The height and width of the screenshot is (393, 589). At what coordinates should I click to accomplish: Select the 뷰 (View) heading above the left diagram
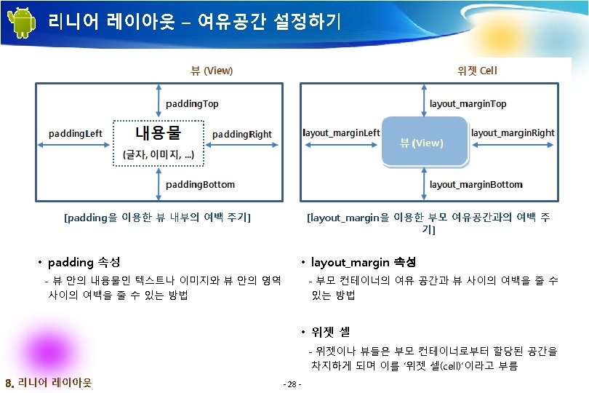pos(212,71)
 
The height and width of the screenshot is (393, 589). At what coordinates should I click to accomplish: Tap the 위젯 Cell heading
pos(477,71)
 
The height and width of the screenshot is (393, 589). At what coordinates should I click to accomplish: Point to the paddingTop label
pos(192,103)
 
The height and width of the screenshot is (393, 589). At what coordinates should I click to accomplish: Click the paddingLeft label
pos(76,133)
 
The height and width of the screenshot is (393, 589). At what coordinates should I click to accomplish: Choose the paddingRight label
pos(241,134)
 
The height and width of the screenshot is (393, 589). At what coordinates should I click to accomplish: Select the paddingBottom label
pos(200,184)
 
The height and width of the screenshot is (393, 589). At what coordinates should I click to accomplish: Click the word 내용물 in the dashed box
pos(158,133)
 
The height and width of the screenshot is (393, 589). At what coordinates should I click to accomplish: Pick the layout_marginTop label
pos(468,103)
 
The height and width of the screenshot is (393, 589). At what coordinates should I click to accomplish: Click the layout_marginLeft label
pos(341,132)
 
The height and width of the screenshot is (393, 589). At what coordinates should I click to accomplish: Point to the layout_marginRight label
pos(513,132)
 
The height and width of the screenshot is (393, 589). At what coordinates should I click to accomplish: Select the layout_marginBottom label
pos(476,184)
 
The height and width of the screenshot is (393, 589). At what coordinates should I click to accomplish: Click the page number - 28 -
pos(294,384)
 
